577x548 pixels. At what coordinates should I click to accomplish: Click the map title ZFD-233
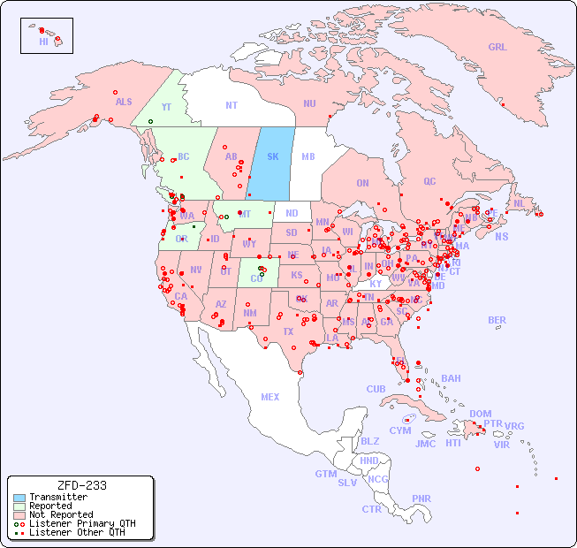click(81, 485)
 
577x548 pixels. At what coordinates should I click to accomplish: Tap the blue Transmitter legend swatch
click(19, 498)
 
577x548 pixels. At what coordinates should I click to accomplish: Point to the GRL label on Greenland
click(497, 48)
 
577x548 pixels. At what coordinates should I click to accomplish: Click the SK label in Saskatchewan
click(273, 157)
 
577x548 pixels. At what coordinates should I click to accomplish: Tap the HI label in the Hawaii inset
click(43, 42)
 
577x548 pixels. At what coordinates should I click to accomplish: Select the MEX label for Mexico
click(270, 397)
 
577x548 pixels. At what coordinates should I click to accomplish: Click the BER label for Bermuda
click(497, 321)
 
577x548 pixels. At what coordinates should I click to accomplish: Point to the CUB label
click(376, 390)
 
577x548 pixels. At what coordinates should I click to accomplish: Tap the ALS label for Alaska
click(124, 103)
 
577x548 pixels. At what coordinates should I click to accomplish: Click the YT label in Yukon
click(166, 107)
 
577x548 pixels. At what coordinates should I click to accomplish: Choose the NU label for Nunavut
click(309, 103)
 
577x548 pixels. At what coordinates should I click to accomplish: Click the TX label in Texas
click(288, 331)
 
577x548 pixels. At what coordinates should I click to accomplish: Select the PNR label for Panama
click(421, 499)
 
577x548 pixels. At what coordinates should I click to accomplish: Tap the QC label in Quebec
click(429, 181)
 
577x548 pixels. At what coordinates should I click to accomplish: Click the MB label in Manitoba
click(308, 157)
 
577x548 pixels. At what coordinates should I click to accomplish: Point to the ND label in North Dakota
click(292, 213)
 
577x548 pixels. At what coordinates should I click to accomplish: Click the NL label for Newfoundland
click(520, 203)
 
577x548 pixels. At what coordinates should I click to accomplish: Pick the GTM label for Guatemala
click(325, 474)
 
